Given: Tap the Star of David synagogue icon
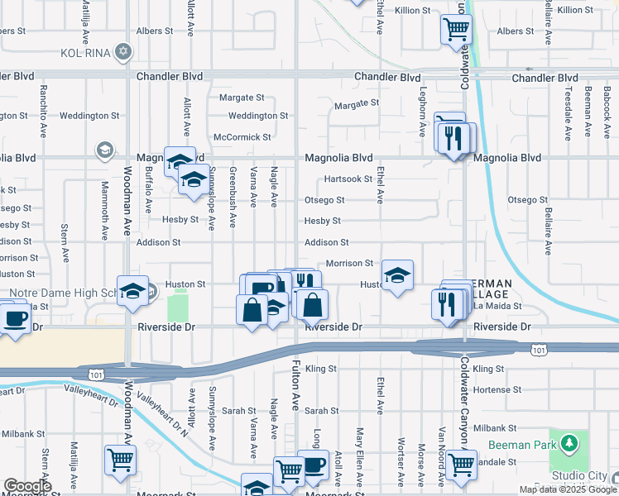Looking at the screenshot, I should (x=124, y=51).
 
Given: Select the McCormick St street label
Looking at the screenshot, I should (x=242, y=136).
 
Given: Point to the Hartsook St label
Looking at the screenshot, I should (x=348, y=179).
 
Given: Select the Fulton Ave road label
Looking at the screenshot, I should (x=295, y=389).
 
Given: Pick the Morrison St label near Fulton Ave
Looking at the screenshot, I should (x=350, y=263).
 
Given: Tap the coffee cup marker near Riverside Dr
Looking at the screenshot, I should (x=14, y=318).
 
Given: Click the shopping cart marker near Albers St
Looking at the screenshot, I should (x=457, y=30).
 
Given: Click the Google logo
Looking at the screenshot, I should (x=27, y=486).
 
